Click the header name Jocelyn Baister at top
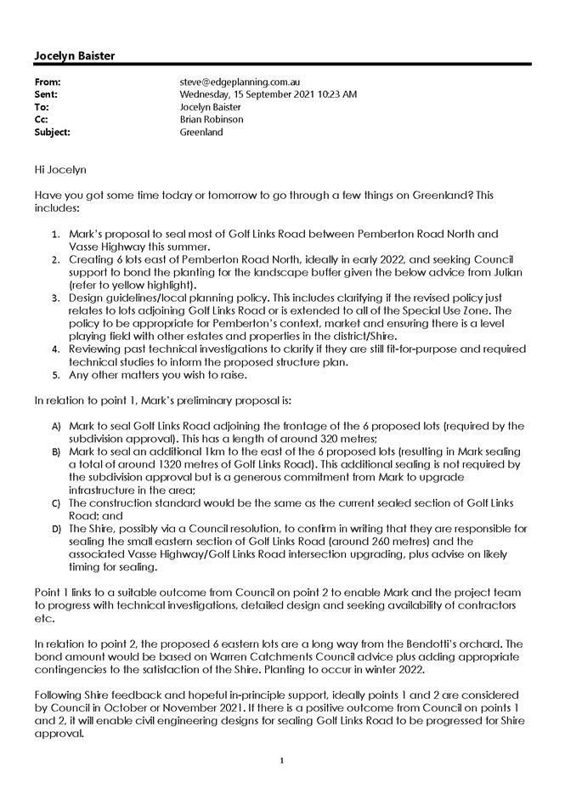click(x=74, y=55)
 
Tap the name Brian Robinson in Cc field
click(x=212, y=120)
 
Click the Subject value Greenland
click(x=201, y=133)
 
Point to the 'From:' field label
click(x=48, y=82)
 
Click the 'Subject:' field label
click(x=52, y=133)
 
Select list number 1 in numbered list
click(x=55, y=234)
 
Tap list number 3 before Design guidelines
click(x=55, y=299)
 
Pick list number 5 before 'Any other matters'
click(x=55, y=375)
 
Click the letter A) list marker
click(x=56, y=426)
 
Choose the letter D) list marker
click(x=56, y=528)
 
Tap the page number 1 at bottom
click(x=281, y=759)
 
